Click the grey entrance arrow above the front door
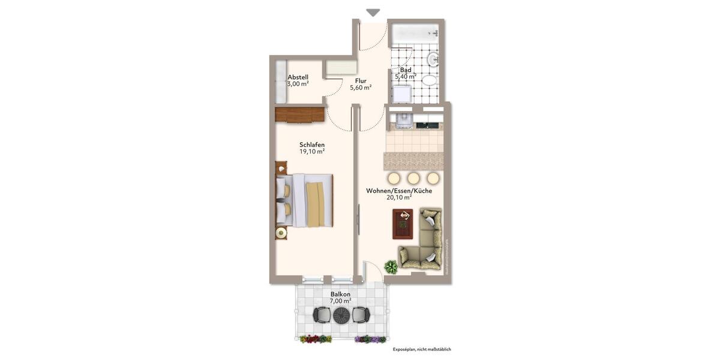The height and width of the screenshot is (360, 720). pos(373,12)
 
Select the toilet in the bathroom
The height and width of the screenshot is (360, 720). pos(429,80)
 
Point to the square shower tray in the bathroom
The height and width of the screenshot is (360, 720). pos(401,94)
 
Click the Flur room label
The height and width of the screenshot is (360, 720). pos(361,81)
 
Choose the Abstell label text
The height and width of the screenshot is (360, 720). pos(298,77)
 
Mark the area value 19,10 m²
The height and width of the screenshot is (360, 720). pos(312,152)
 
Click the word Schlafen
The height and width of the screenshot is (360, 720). pos(312,145)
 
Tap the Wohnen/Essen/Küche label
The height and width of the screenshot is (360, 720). pos(399,191)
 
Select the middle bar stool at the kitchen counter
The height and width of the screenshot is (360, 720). pos(413,178)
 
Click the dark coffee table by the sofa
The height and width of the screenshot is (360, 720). pos(403,224)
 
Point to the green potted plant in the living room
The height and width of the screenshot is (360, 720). pos(391,267)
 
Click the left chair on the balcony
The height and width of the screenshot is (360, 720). pos(322,314)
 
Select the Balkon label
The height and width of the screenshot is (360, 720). pos(340,294)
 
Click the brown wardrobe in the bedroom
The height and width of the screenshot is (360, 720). pos(300,114)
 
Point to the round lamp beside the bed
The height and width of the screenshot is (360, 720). pos(281,233)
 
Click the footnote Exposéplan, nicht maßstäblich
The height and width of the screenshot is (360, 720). pos(421,349)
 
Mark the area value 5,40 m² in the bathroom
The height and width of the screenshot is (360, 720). pos(406,77)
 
